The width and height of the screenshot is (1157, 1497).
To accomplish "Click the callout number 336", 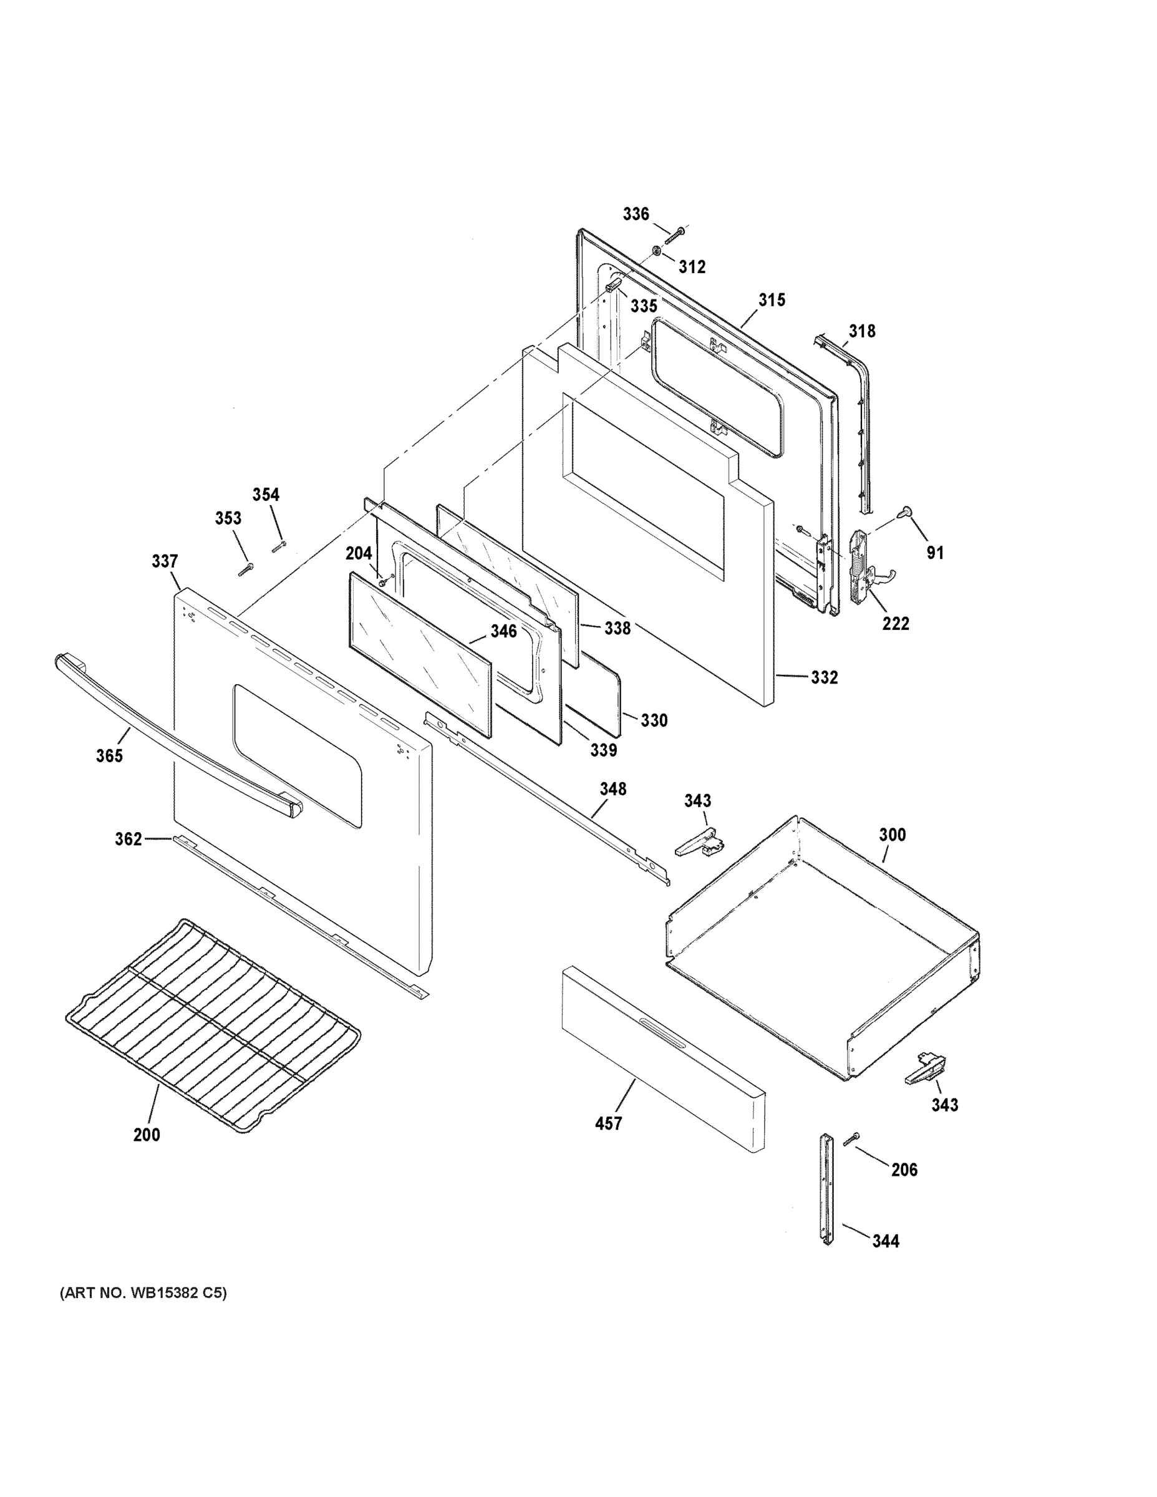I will coord(636,215).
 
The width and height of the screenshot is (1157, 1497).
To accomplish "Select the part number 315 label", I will coord(771,300).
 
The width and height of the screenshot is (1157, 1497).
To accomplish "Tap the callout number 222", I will coord(895,624).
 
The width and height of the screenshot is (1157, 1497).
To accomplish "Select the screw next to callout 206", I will coord(853,1138).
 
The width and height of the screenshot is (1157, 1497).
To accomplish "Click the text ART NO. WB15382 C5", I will coord(143,1294).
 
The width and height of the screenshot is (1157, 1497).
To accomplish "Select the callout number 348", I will coord(612,790).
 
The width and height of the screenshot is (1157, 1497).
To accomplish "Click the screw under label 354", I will coord(278,546).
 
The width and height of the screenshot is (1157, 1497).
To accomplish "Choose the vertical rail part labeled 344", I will coord(826,1189).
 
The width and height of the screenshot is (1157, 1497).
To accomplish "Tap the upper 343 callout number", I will coord(697,801).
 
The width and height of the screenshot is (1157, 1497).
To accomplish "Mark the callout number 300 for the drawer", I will coord(892,835).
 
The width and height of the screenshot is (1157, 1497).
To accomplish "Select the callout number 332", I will coord(824,678).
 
